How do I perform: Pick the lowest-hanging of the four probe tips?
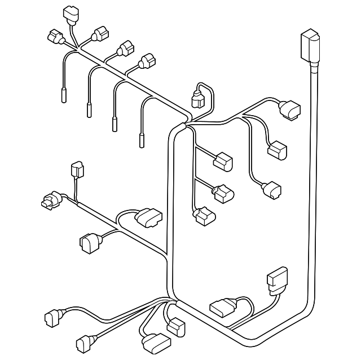tap(141, 139)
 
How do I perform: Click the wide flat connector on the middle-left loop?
tap(149, 216)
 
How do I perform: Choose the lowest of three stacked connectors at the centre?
tap(203, 217)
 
